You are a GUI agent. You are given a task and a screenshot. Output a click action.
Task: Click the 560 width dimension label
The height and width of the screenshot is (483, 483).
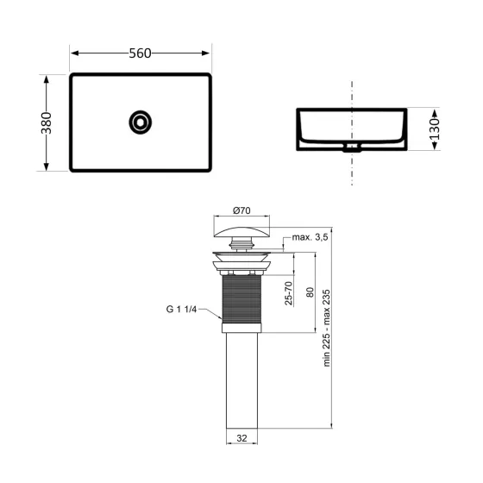[140, 53]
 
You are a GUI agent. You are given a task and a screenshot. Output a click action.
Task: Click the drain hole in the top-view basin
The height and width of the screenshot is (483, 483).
[140, 122]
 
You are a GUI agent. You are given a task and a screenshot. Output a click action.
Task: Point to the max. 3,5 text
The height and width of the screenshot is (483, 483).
[311, 236]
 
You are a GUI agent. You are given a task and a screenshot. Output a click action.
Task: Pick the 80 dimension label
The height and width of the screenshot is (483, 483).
[308, 292]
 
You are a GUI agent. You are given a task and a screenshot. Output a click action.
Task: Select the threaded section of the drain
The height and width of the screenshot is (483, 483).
[241, 298]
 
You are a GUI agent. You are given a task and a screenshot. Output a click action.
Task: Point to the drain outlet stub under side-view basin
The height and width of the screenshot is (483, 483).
[351, 148]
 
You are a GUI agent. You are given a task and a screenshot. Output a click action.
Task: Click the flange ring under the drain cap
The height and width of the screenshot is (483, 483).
[241, 265]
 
